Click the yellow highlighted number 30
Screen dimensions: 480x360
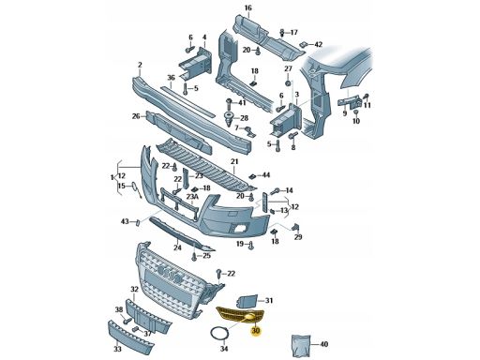[x=256, y=330]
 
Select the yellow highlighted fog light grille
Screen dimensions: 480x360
[x=241, y=315]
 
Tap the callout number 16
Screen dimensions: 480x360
[x=247, y=7]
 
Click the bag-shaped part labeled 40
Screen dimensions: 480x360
[x=301, y=345]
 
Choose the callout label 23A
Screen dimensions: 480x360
[x=192, y=197]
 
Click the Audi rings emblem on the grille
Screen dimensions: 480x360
[x=170, y=274]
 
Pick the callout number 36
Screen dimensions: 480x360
[x=171, y=77]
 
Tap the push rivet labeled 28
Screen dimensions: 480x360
[x=229, y=118]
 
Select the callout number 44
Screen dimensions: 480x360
[x=266, y=175]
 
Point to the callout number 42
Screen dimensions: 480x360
[x=318, y=45]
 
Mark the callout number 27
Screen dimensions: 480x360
[x=288, y=68]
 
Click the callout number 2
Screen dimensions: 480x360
[x=140, y=65]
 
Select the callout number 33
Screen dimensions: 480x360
[x=117, y=349]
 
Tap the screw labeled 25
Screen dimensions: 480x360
[x=194, y=256]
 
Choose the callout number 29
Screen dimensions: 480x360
[x=298, y=237]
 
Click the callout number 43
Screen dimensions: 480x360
[x=125, y=221]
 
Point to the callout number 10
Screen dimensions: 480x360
[x=356, y=121]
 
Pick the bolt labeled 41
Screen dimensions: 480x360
[x=229, y=104]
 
